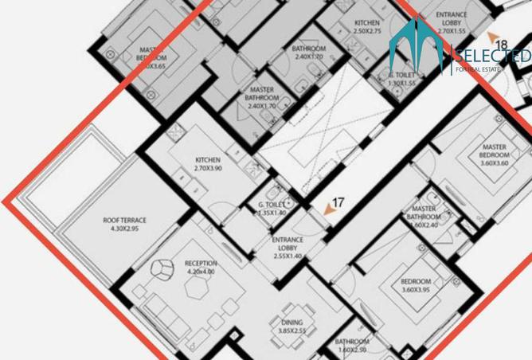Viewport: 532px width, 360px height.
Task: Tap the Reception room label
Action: click(x=200, y=268)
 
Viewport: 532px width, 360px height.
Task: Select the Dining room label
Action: click(x=291, y=327)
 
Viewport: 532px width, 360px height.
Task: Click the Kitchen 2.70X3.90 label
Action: click(x=208, y=164)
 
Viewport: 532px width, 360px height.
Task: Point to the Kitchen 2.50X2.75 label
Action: click(x=367, y=27)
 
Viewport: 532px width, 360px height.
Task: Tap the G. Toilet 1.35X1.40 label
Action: click(x=272, y=209)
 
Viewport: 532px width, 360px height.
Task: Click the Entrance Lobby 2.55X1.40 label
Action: click(x=287, y=248)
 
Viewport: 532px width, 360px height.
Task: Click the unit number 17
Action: click(x=338, y=203)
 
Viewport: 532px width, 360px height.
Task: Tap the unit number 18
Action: click(x=500, y=45)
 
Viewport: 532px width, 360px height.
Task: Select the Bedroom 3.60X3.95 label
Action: click(x=416, y=286)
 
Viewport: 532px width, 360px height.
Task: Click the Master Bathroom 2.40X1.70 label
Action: click(x=262, y=98)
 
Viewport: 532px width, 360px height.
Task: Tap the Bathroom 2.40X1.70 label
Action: click(x=308, y=53)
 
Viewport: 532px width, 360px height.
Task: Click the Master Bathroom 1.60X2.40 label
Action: click(x=423, y=217)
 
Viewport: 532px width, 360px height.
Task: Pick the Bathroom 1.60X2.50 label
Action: click(x=351, y=346)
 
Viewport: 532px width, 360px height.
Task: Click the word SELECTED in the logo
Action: click(x=491, y=56)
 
